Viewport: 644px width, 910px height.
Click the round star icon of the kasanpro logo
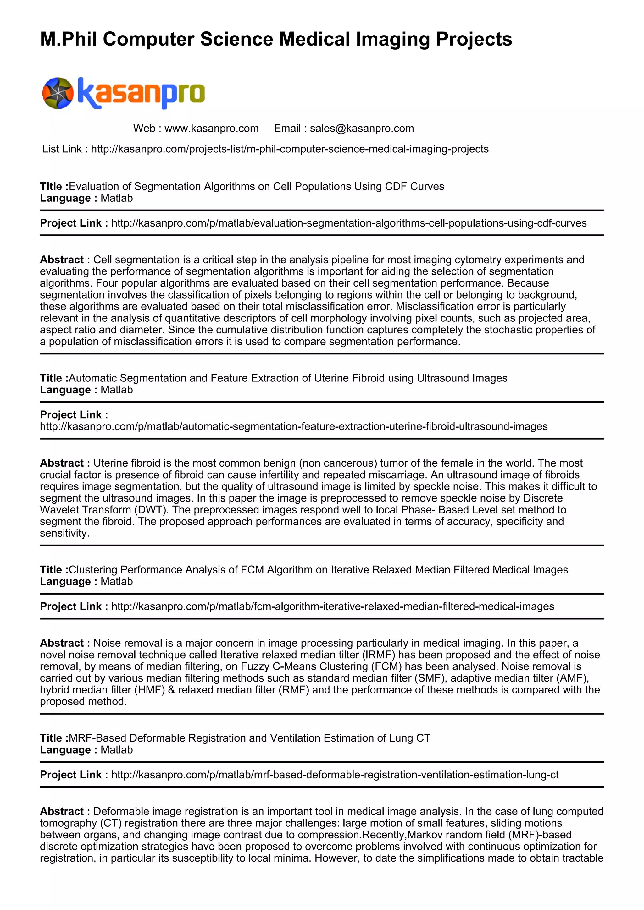pyautogui.click(x=58, y=93)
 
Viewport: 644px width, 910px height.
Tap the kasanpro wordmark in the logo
pyautogui.click(x=141, y=93)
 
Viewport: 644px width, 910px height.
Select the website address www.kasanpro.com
pyautogui.click(x=211, y=129)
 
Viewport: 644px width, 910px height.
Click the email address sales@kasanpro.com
pyautogui.click(x=362, y=129)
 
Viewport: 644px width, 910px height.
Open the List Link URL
pyautogui.click(x=290, y=149)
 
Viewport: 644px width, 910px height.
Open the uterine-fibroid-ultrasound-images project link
pyautogui.click(x=293, y=426)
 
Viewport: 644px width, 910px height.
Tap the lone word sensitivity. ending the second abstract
pyautogui.click(x=64, y=533)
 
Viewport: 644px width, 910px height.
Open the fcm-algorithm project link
pyautogui.click(x=332, y=606)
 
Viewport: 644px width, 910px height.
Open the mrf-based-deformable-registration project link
pyautogui.click(x=335, y=775)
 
